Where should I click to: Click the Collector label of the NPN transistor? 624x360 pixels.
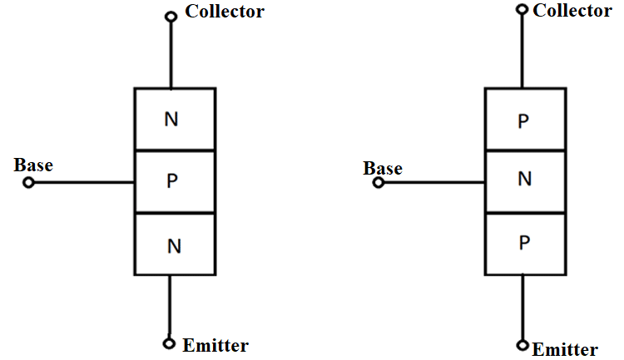[225, 12]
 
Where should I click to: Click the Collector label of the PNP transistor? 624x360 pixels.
[572, 11]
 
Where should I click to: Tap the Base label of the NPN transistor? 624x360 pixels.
[33, 165]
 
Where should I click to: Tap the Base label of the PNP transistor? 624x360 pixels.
[383, 169]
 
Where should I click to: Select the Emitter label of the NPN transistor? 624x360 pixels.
[216, 345]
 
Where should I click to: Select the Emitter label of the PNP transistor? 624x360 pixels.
[565, 349]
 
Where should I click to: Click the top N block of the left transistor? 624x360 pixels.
[174, 119]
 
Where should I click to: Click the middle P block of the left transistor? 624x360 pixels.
[174, 181]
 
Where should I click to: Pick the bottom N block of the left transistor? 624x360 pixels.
[174, 244]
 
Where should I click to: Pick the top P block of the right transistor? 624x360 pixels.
[523, 120]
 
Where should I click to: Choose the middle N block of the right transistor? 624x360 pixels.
[523, 181]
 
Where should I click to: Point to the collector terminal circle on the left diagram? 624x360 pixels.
[171, 16]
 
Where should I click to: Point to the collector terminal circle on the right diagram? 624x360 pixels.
[522, 10]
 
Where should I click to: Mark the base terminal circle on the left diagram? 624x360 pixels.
[29, 183]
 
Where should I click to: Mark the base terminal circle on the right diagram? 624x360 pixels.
[379, 183]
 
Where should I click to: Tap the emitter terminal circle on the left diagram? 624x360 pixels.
[171, 343]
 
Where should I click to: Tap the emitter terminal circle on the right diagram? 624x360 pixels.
[522, 345]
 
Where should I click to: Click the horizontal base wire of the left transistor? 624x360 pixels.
[83, 183]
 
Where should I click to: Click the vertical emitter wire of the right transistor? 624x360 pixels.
[522, 308]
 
